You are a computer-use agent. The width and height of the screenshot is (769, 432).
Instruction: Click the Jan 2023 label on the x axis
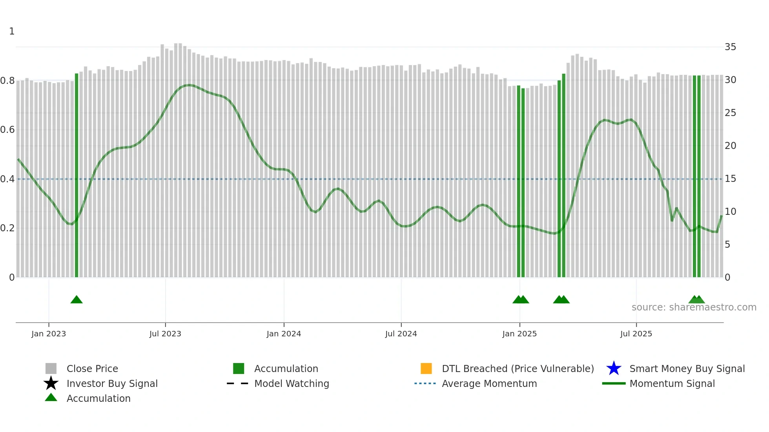point(49,334)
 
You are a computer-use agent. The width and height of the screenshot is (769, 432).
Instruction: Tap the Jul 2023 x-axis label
point(165,334)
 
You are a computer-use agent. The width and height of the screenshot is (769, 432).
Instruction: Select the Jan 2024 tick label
point(284,334)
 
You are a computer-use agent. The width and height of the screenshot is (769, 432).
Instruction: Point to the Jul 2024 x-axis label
point(401,334)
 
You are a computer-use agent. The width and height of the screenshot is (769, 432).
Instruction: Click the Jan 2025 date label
point(519,334)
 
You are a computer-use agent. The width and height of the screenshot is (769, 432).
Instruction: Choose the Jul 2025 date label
point(636,334)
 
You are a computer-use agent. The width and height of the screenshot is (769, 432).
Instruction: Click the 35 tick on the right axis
point(730,47)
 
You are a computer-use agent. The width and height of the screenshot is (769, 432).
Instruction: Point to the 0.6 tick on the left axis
point(7,130)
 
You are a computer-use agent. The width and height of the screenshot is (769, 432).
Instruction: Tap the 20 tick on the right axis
point(730,146)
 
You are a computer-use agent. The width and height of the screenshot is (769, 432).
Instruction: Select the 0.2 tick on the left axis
point(7,228)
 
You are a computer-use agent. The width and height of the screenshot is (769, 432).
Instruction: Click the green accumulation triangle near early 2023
point(77,300)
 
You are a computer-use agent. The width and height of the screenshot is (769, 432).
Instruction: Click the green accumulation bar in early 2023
point(77,176)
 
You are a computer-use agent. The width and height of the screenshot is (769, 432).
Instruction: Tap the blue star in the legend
point(614,368)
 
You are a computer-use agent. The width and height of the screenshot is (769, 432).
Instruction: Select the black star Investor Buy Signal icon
point(51,383)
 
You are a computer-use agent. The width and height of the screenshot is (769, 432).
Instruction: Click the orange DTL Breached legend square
point(426,368)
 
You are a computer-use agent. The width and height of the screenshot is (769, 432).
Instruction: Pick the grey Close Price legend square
point(51,368)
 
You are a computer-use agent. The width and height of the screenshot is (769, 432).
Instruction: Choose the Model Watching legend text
point(292,383)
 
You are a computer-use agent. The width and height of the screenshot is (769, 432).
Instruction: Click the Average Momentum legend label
point(489,383)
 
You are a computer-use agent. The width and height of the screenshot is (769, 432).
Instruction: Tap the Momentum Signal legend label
point(672,383)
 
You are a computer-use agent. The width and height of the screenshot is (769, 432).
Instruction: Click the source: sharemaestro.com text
point(694,307)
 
